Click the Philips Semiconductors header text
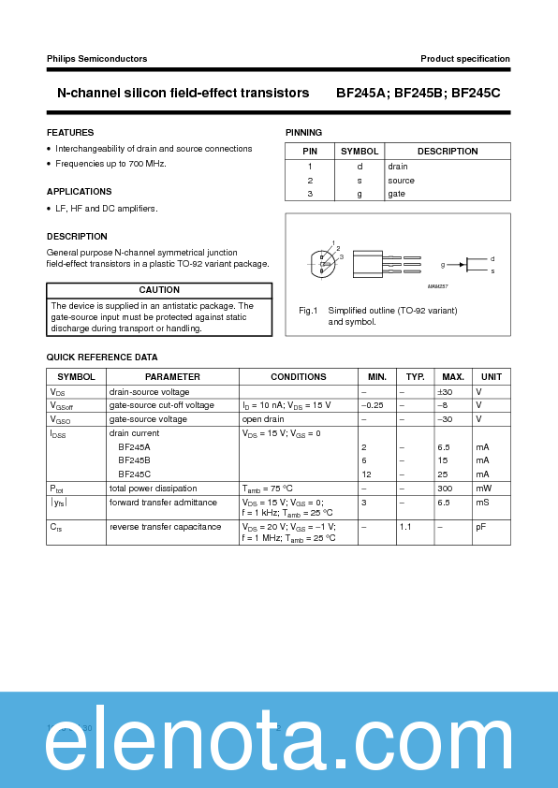coord(96,59)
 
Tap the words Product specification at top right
coord(465,59)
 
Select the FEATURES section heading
coord(70,133)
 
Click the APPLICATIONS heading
coord(80,192)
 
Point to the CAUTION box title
coord(159,291)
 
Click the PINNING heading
coord(303,133)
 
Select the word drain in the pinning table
coord(398,167)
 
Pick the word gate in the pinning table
coord(397,194)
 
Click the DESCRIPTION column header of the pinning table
coord(448,152)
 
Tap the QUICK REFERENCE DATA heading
coord(102,358)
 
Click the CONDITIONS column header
coord(299,377)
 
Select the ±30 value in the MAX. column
coord(445,392)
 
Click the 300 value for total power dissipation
coord(445,489)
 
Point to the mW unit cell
coord(483,489)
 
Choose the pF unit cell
coord(480,527)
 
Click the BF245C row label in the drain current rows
coord(134,474)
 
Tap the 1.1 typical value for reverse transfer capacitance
coord(405,527)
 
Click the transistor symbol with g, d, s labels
coord(477,265)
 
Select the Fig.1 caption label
coord(309,310)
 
